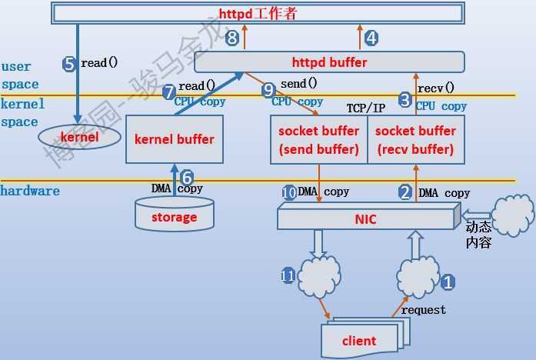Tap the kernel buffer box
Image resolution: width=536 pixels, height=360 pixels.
pyautogui.click(x=174, y=139)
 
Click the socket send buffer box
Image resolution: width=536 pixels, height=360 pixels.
pyautogui.click(x=318, y=139)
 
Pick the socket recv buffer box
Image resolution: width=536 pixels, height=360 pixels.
pyautogui.click(x=415, y=139)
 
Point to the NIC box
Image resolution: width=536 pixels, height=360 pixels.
pyautogui.click(x=365, y=218)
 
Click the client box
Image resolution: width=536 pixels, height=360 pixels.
pyautogui.click(x=358, y=340)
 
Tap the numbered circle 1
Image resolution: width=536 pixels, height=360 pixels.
pyautogui.click(x=448, y=282)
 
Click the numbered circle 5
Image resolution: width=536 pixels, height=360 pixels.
pyautogui.click(x=69, y=64)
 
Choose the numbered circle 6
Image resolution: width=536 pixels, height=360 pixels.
pyautogui.click(x=186, y=177)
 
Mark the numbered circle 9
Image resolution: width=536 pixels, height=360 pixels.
pyautogui.click(x=268, y=90)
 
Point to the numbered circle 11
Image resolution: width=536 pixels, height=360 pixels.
pyautogui.click(x=288, y=275)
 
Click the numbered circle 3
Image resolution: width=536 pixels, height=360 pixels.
pyautogui.click(x=405, y=98)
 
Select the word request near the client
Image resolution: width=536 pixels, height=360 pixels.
pyautogui.click(x=423, y=310)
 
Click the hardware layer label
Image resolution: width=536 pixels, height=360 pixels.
pyautogui.click(x=30, y=191)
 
